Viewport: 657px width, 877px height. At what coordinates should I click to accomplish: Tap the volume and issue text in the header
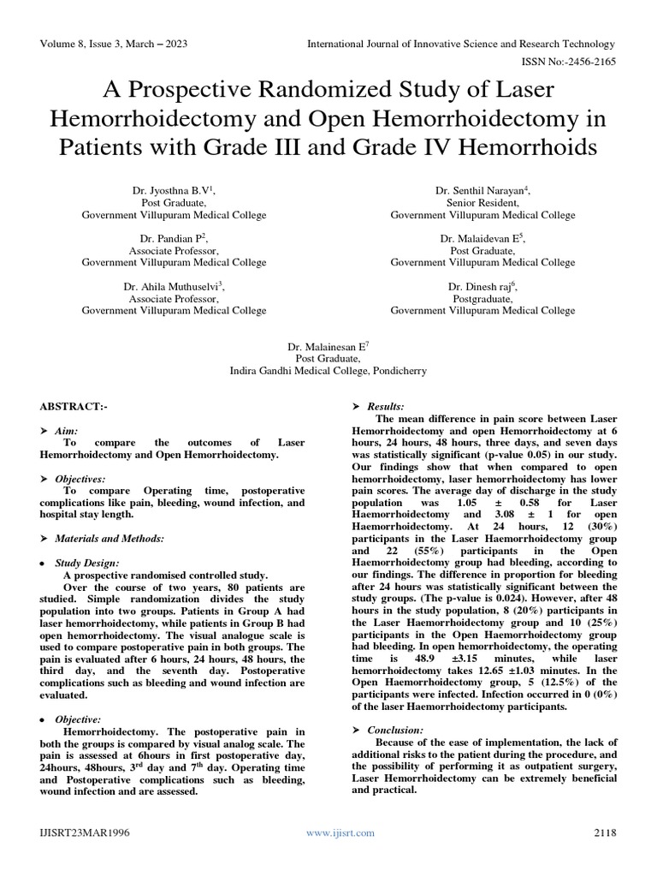pos(115,44)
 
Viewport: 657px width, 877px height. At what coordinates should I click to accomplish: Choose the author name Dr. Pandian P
pos(174,238)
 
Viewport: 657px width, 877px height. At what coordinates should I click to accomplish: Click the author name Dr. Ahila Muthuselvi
pos(174,286)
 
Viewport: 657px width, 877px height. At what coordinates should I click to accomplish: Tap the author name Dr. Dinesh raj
pos(482,286)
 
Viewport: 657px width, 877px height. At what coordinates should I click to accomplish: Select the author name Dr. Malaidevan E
pos(482,238)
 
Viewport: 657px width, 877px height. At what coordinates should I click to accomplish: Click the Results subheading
pos(385,406)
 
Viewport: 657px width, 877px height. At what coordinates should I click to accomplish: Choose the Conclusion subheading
pos(393,729)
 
